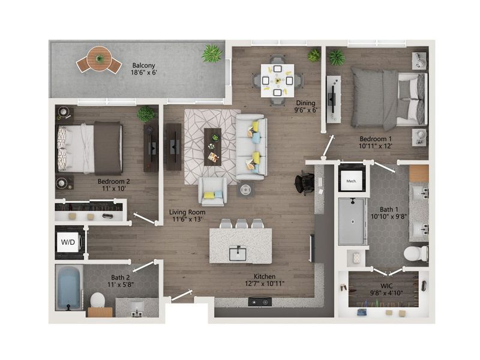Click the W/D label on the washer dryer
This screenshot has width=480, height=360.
(x=68, y=242)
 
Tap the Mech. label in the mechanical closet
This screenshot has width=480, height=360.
(x=351, y=181)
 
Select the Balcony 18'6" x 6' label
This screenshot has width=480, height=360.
(x=144, y=69)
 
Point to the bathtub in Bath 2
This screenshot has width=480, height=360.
(x=69, y=288)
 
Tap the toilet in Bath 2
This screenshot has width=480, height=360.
(x=98, y=300)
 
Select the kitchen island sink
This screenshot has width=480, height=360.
(x=238, y=253)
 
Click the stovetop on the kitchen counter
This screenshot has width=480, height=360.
(x=260, y=302)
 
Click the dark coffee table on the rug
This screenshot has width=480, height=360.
(x=212, y=147)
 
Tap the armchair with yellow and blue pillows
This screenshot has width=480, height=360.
(x=213, y=191)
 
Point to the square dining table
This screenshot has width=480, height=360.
(x=277, y=80)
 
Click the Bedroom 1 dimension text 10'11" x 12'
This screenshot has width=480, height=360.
(x=376, y=146)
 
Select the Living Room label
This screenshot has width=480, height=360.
(x=187, y=212)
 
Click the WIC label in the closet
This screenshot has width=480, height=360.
(x=386, y=286)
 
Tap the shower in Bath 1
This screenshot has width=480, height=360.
(x=352, y=221)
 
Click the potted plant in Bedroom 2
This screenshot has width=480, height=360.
(x=146, y=114)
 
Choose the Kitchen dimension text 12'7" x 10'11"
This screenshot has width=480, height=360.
(x=265, y=283)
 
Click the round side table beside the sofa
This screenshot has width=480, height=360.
(x=245, y=190)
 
